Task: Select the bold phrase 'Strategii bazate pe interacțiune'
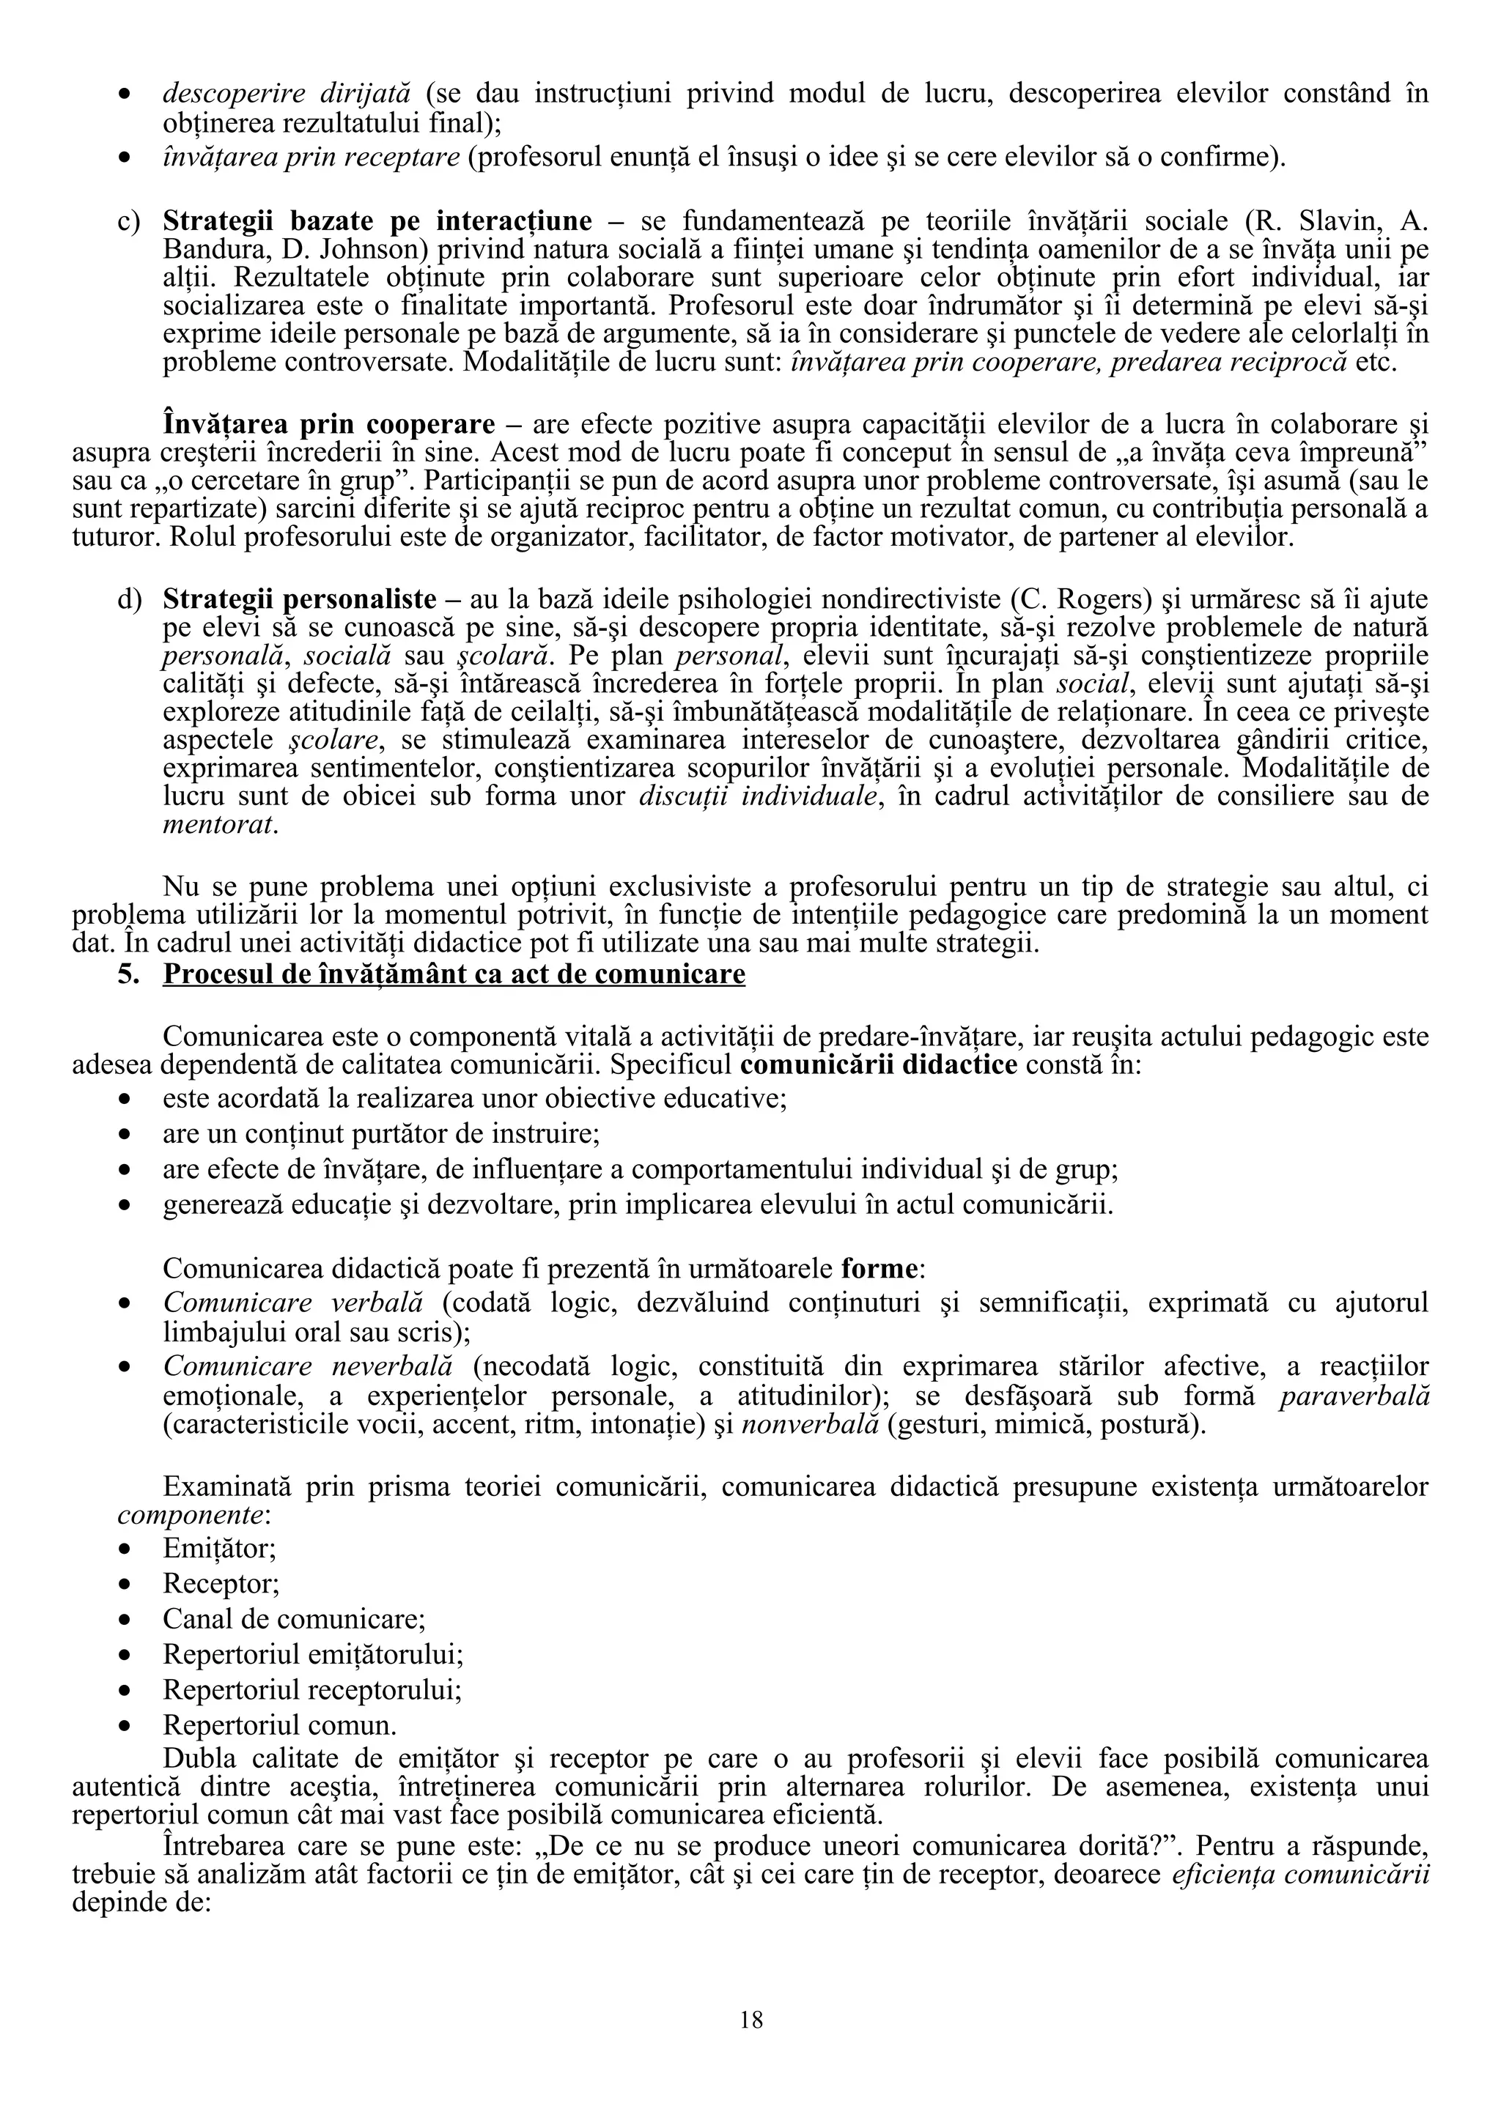(377, 221)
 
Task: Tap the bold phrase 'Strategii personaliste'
(300, 599)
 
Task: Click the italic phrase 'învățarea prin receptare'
(311, 158)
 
